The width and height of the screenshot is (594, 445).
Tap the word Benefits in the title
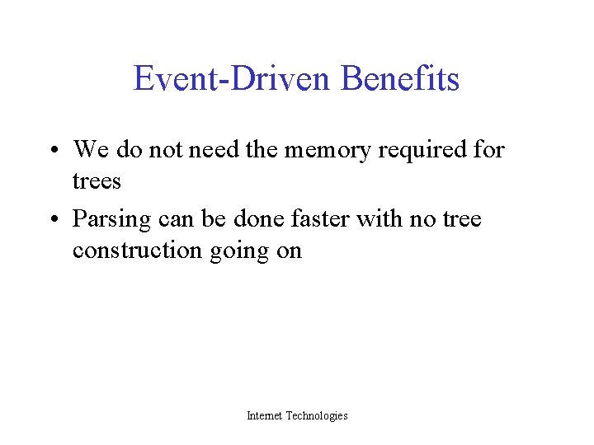pyautogui.click(x=399, y=79)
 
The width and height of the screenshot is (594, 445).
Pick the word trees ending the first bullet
pyautogui.click(x=97, y=181)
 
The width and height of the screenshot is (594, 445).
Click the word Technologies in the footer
pyautogui.click(x=317, y=416)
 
